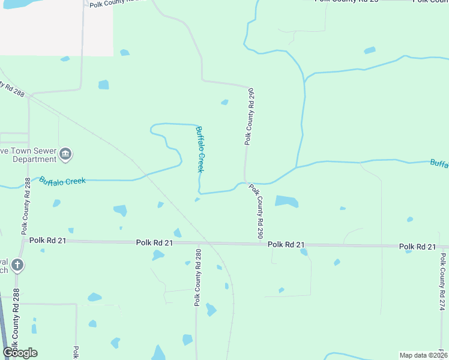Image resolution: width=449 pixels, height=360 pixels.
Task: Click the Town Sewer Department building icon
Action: pyautogui.click(x=65, y=155)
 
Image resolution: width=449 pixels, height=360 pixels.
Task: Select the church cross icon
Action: pyautogui.click(x=18, y=265)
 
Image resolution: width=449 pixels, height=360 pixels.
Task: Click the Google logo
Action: pyautogui.click(x=20, y=352)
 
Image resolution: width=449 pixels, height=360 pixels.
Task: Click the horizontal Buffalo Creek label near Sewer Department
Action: pyautogui.click(x=62, y=181)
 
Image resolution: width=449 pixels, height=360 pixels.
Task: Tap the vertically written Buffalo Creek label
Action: pyautogui.click(x=202, y=149)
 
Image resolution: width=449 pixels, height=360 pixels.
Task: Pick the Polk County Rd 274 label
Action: pyautogui.click(x=442, y=281)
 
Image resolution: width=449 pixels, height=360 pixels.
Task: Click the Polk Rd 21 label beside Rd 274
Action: pyautogui.click(x=417, y=247)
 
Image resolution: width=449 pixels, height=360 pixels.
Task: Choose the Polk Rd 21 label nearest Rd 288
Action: pyautogui.click(x=47, y=241)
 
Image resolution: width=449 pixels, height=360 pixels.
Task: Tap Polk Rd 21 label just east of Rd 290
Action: pyautogui.click(x=287, y=244)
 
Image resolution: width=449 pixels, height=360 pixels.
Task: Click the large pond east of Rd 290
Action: pyautogui.click(x=286, y=201)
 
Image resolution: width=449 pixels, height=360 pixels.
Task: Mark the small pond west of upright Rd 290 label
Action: pyautogui.click(x=224, y=102)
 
